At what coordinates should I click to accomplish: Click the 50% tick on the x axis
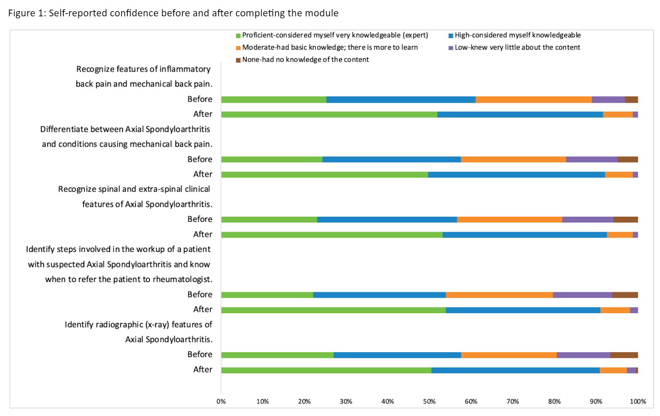pos(429,401)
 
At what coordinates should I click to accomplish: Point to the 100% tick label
pos(638,401)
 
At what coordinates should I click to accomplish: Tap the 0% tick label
pos(221,401)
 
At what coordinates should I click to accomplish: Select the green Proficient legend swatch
pos(238,35)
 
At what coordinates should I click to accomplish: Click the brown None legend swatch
pos(238,60)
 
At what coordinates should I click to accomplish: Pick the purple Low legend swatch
pos(451,48)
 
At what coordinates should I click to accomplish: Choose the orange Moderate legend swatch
pos(238,48)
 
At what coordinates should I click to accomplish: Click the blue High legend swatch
pos(451,35)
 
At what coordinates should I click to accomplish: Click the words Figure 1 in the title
pos(26,13)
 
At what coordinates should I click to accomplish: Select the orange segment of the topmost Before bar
pos(533,100)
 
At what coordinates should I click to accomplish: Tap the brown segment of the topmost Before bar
pos(631,100)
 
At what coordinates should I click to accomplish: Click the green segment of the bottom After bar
pos(326,370)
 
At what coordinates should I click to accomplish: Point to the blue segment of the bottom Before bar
pos(397,355)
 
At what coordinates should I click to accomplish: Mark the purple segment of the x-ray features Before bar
pos(583,355)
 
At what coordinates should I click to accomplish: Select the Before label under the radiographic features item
pos(200,355)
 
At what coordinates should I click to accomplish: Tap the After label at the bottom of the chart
pos(202,369)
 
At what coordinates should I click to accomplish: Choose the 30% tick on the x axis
pos(346,401)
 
